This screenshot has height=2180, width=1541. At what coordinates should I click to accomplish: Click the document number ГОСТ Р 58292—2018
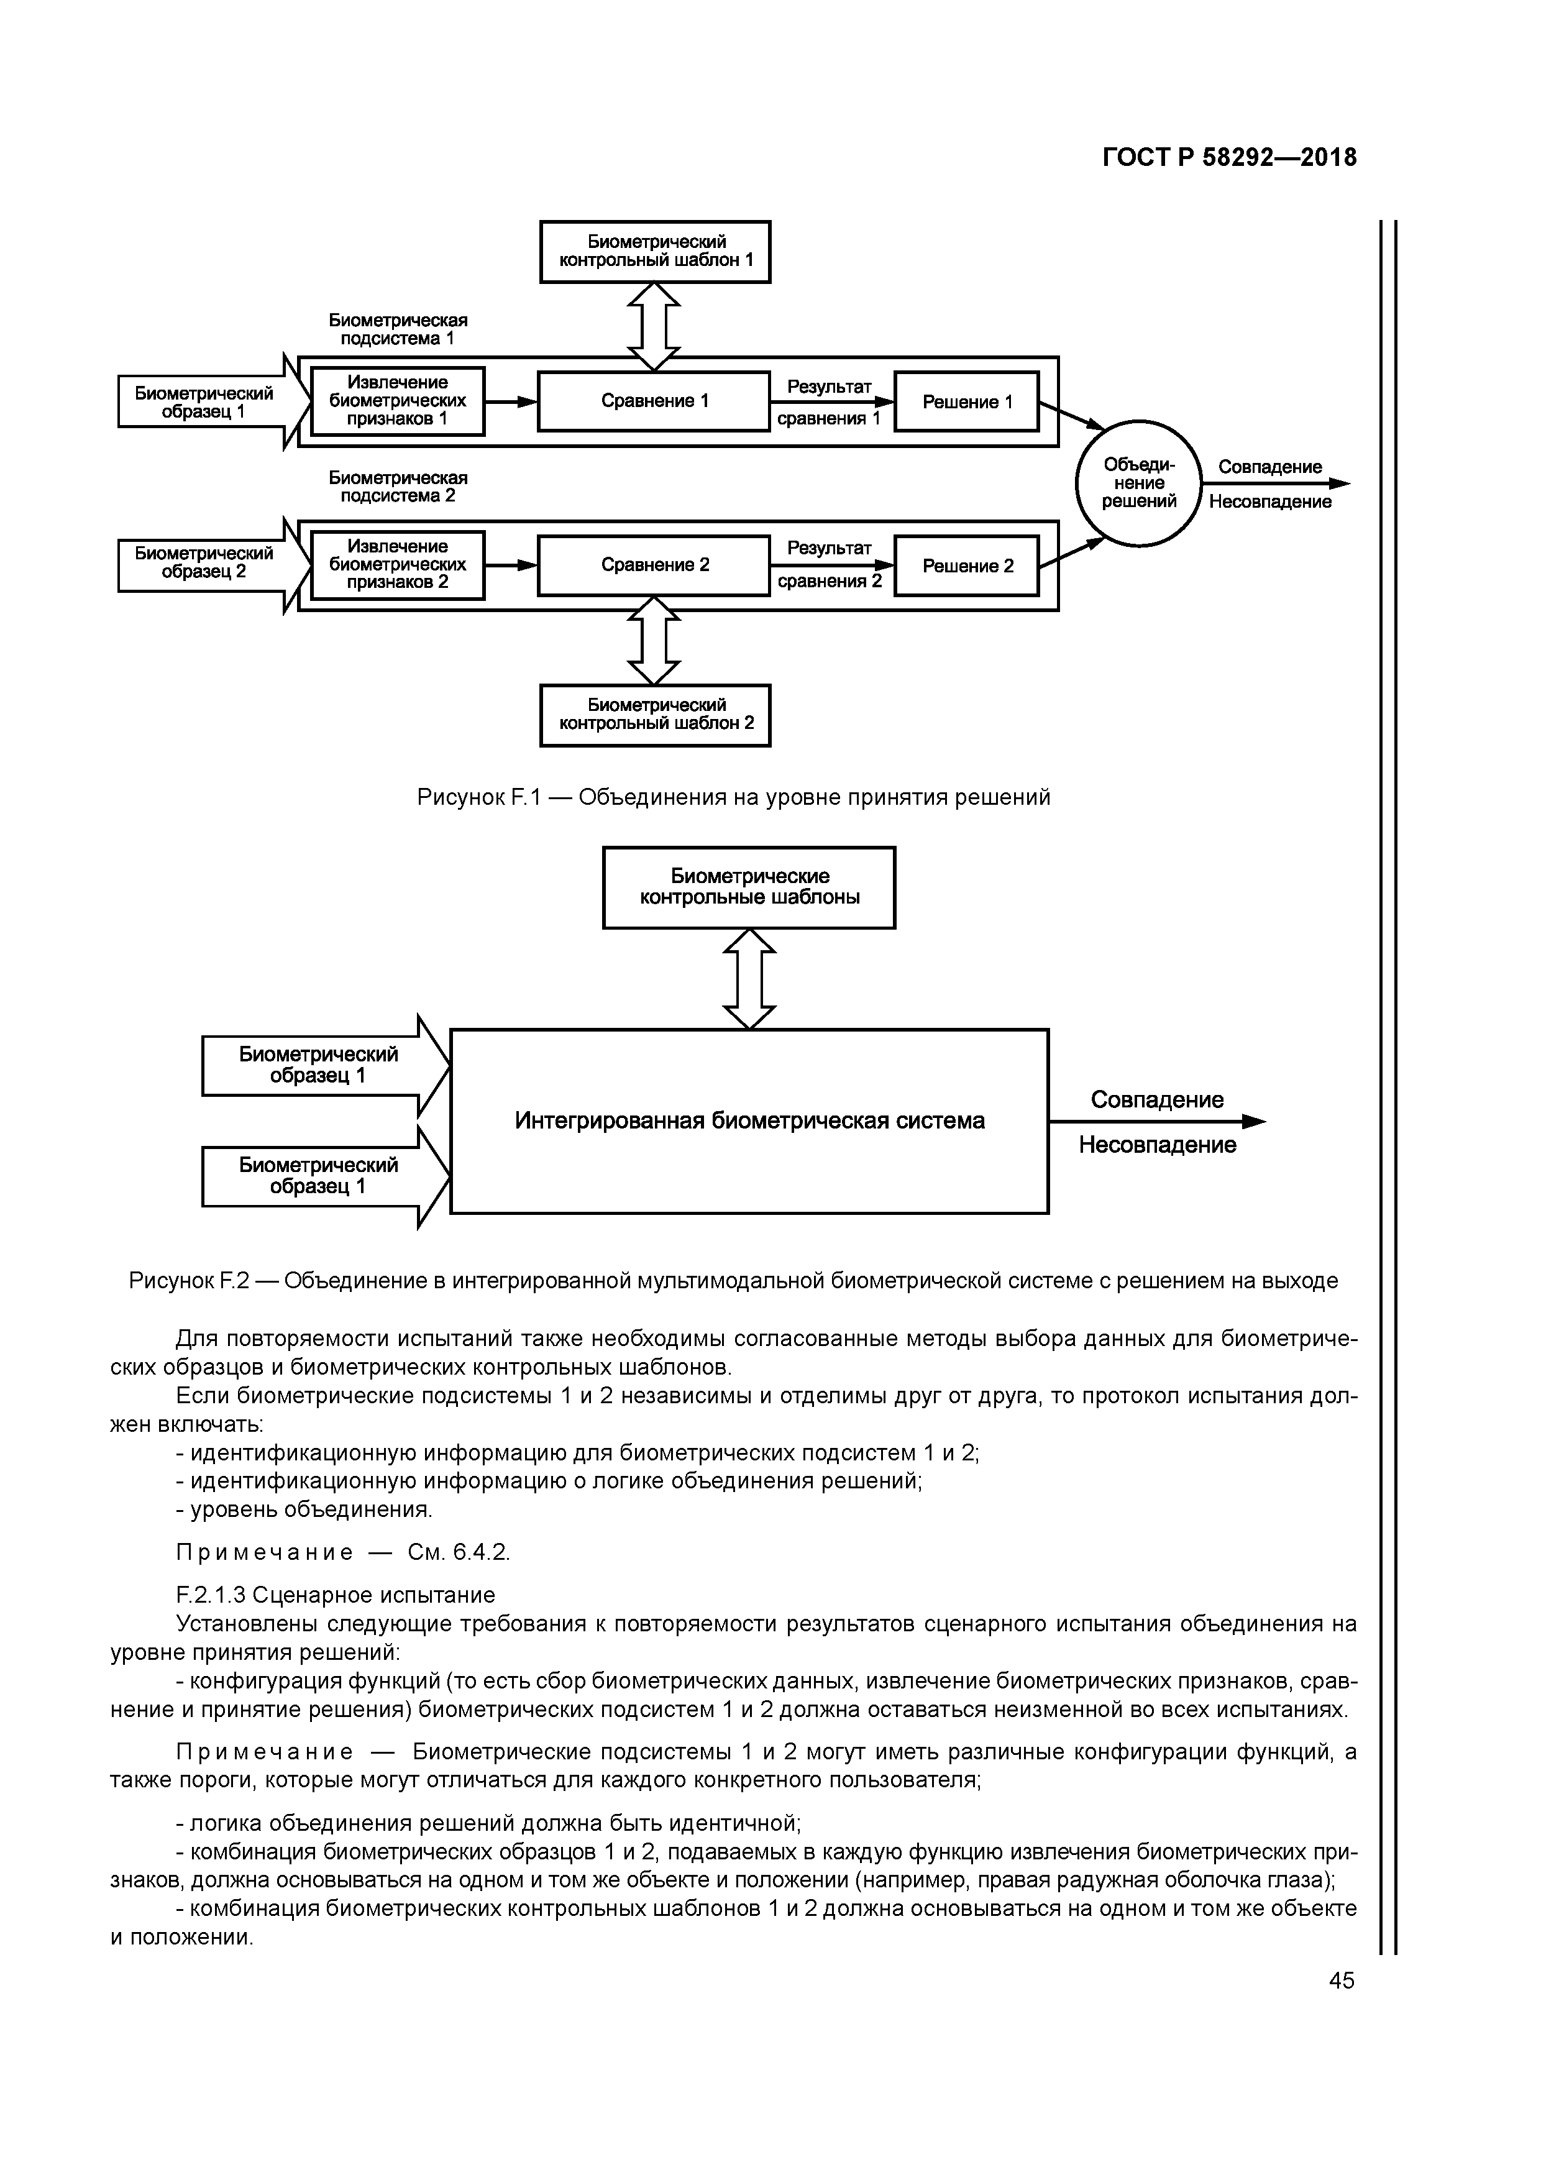[x=1230, y=158]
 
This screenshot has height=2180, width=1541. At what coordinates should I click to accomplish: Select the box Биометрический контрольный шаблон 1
[x=655, y=252]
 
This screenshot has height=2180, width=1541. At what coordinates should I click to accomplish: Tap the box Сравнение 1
[x=654, y=401]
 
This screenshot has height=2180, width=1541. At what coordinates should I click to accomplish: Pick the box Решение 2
[x=967, y=566]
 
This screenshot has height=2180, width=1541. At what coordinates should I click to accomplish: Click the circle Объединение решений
[x=1138, y=483]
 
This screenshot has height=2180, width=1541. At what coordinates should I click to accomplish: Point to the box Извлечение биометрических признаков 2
[x=398, y=565]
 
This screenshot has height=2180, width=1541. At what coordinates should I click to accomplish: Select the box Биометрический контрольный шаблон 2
[x=655, y=715]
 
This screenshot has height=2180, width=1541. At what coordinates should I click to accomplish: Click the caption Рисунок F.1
[x=733, y=797]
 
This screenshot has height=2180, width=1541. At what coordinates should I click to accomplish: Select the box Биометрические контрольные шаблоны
[x=749, y=887]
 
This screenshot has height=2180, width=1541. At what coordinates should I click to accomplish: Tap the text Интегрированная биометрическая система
[x=749, y=1121]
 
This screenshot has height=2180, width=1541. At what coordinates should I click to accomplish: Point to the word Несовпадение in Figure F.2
[x=1158, y=1145]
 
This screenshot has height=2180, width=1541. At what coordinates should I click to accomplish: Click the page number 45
[x=1342, y=1981]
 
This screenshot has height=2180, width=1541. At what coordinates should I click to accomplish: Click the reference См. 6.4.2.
[x=459, y=1552]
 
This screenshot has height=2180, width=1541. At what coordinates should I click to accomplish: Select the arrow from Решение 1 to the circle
[x=1071, y=415]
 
